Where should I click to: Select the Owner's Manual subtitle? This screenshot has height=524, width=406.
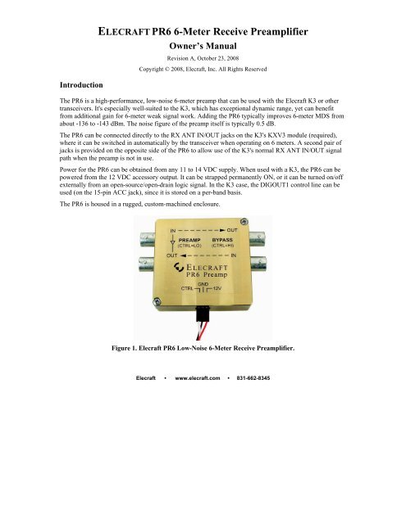pyautogui.click(x=201, y=52)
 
